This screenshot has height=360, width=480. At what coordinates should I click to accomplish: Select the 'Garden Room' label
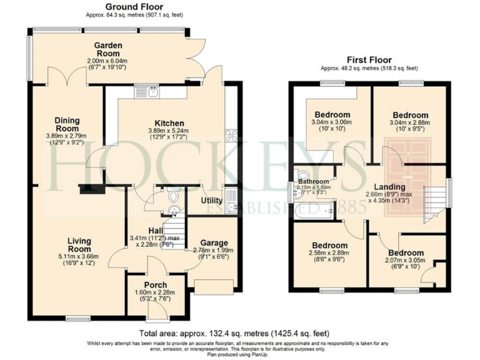pos(107,49)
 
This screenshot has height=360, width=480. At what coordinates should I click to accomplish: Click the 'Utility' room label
pos(212,201)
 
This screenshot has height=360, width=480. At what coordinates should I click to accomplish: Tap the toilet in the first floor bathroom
pos(304,176)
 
